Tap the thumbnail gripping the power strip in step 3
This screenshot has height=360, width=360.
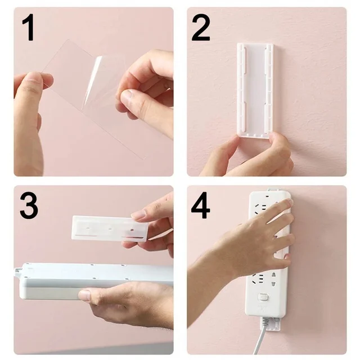[84, 295]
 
